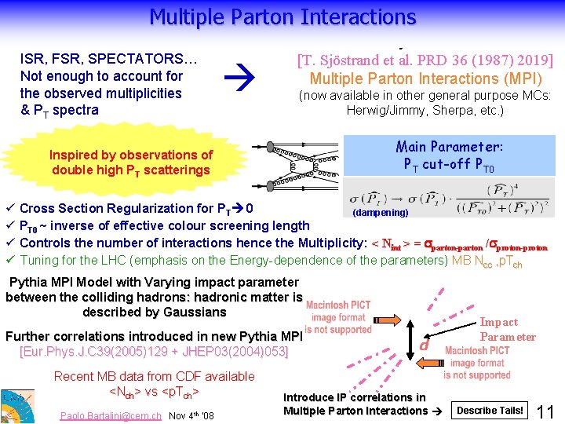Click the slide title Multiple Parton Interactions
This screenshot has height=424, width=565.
pyautogui.click(x=282, y=16)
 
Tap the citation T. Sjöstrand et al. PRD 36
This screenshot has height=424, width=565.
pyautogui.click(x=425, y=60)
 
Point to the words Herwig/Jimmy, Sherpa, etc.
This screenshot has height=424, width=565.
pyautogui.click(x=425, y=111)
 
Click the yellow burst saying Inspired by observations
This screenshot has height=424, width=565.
pyautogui.click(x=131, y=163)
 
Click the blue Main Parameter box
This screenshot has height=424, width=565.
pyautogui.click(x=450, y=155)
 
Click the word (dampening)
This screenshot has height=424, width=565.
pyautogui.click(x=380, y=212)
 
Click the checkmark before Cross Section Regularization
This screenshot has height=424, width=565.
pyautogui.click(x=9, y=209)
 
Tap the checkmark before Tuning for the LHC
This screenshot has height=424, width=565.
pyautogui.click(x=9, y=261)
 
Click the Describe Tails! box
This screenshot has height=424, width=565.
pyautogui.click(x=490, y=411)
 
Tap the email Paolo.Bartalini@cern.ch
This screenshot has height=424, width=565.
pyautogui.click(x=111, y=416)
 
